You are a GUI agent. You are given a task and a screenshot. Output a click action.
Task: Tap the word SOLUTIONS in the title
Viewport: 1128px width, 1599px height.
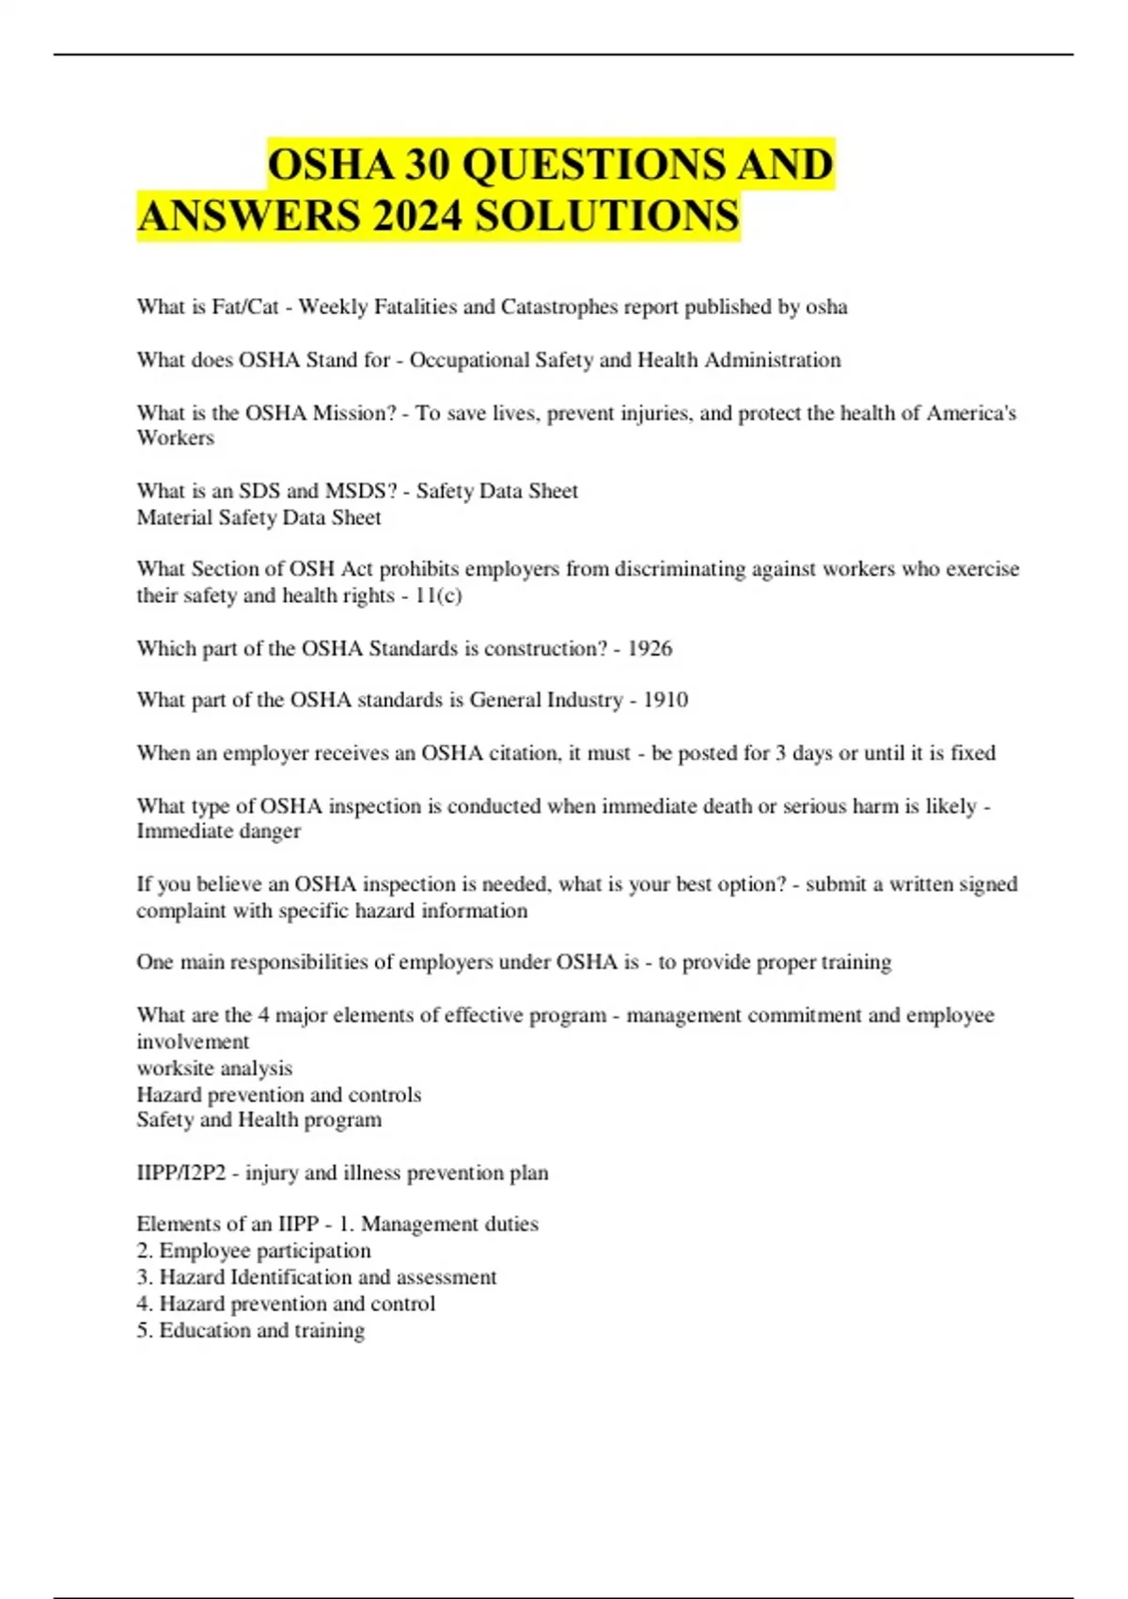pyautogui.click(x=607, y=216)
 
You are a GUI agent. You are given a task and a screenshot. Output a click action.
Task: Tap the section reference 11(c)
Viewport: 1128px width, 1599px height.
pyautogui.click(x=438, y=595)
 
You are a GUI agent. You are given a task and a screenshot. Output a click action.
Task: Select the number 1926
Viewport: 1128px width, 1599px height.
pyautogui.click(x=650, y=648)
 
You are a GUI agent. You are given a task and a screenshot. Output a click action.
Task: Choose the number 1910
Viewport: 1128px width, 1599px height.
pyautogui.click(x=666, y=700)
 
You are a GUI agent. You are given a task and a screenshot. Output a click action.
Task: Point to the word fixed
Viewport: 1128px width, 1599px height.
pyautogui.click(x=973, y=752)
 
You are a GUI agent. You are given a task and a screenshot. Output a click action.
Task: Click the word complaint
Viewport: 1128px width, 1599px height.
pyautogui.click(x=178, y=910)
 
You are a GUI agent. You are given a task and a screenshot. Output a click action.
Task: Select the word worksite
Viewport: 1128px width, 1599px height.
pyautogui.click(x=175, y=1069)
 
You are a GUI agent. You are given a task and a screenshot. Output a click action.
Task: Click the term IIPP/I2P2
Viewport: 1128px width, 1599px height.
pyautogui.click(x=181, y=1173)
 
